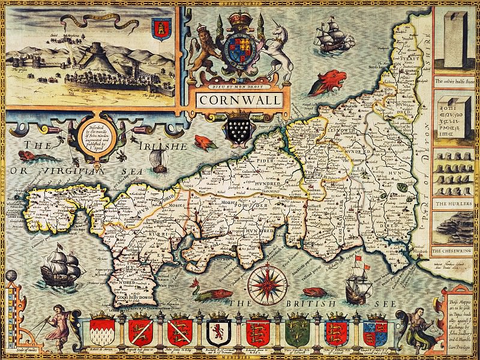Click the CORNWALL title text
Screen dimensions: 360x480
(240, 100)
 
